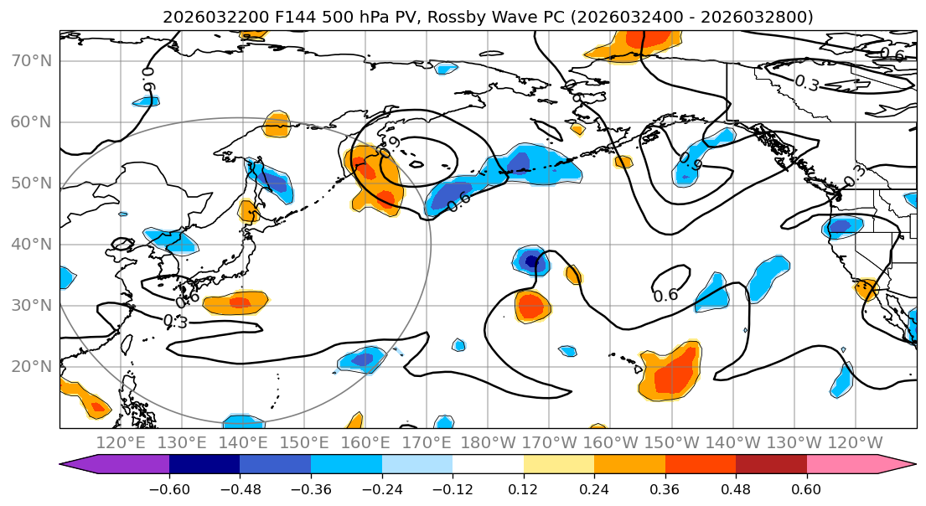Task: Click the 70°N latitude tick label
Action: click(x=31, y=60)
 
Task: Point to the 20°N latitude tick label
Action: click(x=31, y=366)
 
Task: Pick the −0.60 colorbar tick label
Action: click(x=169, y=489)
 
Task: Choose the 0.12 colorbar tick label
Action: click(x=523, y=489)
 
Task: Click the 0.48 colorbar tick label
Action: click(x=736, y=489)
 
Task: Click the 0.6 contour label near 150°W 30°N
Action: click(x=665, y=295)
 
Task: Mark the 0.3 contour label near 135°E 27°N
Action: click(x=175, y=322)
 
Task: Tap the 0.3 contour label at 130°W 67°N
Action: click(x=806, y=83)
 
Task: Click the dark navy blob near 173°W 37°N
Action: click(x=531, y=261)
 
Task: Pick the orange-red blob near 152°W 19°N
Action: click(x=671, y=375)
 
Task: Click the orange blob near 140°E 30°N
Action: click(x=237, y=302)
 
